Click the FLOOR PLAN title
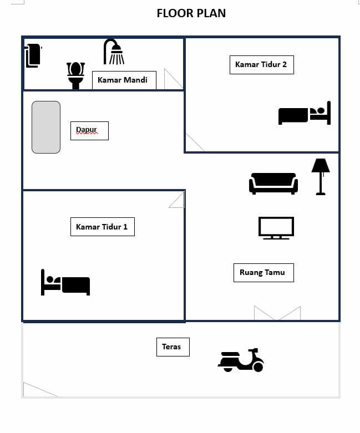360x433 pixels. click(x=191, y=13)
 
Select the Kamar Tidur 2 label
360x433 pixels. click(x=262, y=65)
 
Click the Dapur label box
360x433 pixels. click(x=89, y=131)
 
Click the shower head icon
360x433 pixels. click(x=114, y=52)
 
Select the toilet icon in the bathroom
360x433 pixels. click(x=75, y=75)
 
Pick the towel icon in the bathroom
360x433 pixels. click(x=33, y=55)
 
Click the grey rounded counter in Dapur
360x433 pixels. click(x=46, y=127)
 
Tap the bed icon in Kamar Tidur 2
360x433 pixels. click(x=305, y=113)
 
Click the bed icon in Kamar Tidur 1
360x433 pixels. click(x=65, y=282)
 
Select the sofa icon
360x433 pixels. click(x=273, y=184)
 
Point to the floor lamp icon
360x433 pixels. click(x=321, y=177)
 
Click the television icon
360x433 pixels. click(x=276, y=228)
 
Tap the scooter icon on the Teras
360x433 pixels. click(x=241, y=360)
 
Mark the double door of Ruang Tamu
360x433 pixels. click(x=277, y=313)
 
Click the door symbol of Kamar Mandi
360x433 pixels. click(x=174, y=79)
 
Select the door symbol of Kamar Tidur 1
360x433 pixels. click(x=177, y=200)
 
